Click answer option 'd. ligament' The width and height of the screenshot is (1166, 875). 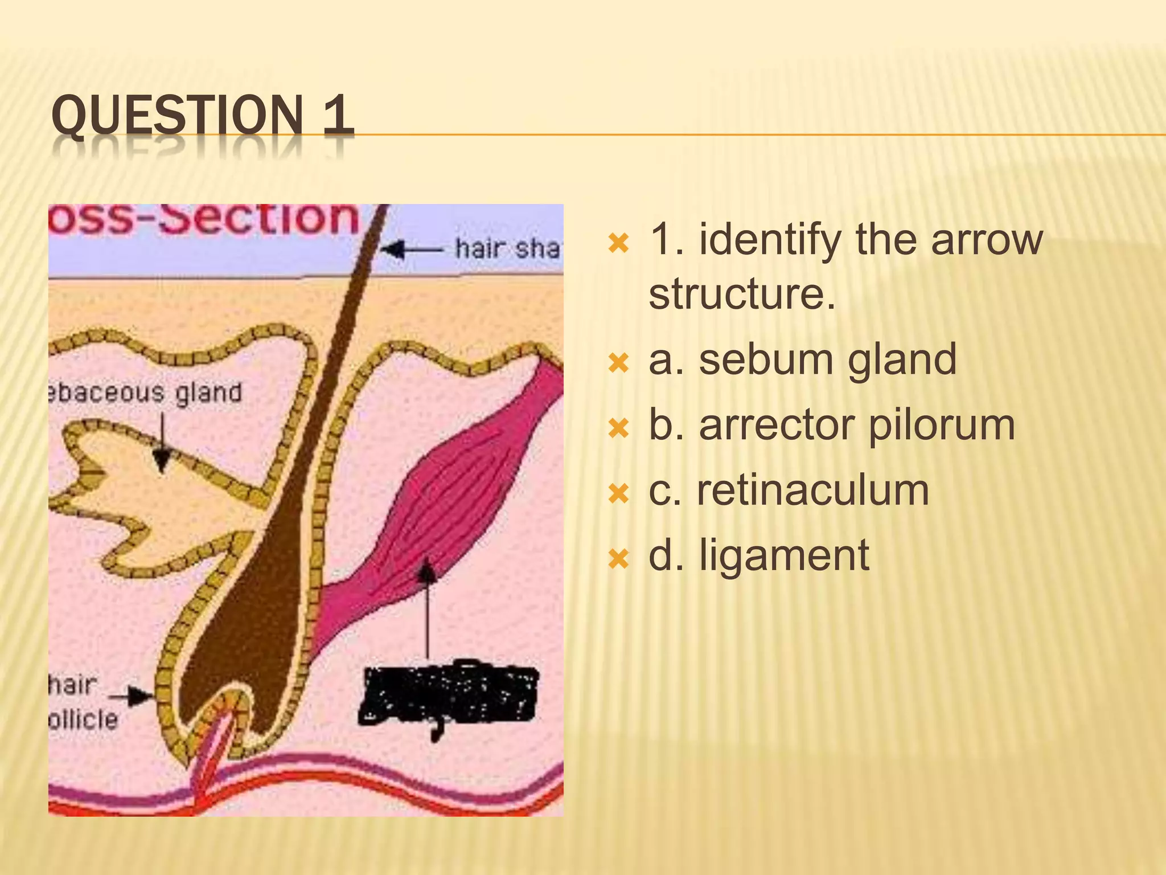[758, 555]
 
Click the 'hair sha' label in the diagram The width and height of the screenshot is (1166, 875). [507, 248]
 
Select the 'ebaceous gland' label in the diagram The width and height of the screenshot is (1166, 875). [146, 393]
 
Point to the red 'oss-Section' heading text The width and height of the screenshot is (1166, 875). [205, 219]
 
